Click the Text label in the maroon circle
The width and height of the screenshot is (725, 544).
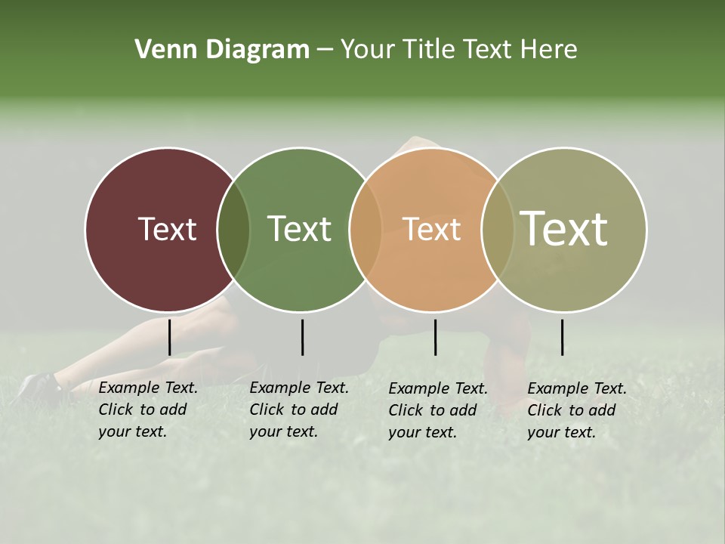(167, 229)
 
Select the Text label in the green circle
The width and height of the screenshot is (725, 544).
(299, 229)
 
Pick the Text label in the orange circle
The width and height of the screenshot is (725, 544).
(431, 229)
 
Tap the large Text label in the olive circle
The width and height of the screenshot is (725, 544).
(564, 229)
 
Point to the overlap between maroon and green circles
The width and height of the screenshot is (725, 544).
(233, 229)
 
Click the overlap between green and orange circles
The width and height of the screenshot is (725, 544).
(366, 229)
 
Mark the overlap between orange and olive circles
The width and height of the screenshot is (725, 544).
(497, 229)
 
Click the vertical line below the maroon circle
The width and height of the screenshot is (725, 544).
(169, 337)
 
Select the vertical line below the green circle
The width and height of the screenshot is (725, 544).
(302, 337)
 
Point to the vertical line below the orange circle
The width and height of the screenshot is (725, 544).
(435, 337)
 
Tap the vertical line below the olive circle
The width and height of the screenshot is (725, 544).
(562, 337)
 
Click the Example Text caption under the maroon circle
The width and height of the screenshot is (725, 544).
(147, 410)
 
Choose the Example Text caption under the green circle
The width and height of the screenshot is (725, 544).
(298, 410)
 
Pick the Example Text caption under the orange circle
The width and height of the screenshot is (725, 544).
(437, 410)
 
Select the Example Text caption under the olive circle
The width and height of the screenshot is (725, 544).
(576, 410)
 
